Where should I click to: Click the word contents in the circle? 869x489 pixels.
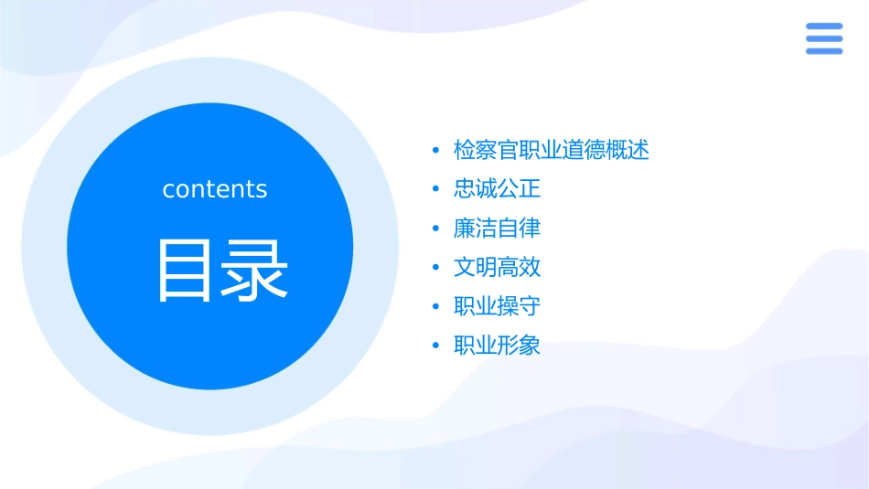coord(215,189)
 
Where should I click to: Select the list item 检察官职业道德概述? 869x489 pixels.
coord(551,150)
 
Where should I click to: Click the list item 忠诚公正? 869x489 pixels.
coord(497,189)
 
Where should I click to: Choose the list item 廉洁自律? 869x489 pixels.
coord(497,228)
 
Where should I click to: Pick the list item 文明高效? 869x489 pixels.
coord(497,267)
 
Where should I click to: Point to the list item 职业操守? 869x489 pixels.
coord(497,306)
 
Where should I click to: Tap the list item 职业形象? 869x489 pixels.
coord(497,345)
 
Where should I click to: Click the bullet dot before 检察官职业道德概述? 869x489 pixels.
coord(435,151)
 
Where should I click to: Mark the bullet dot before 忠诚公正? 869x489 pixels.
coord(435,190)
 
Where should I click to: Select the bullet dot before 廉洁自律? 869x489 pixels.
coord(435,229)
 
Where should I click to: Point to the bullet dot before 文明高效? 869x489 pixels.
coord(435,268)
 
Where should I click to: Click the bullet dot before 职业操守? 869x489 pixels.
coord(435,307)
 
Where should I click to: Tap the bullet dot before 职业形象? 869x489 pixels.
coord(435,346)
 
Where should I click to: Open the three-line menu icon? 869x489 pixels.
coord(823,38)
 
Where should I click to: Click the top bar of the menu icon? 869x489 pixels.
coord(823,27)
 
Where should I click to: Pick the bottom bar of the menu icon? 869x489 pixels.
coord(823,51)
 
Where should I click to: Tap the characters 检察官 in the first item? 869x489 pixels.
coord(486,150)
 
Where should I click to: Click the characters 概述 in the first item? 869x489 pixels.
coord(628,150)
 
